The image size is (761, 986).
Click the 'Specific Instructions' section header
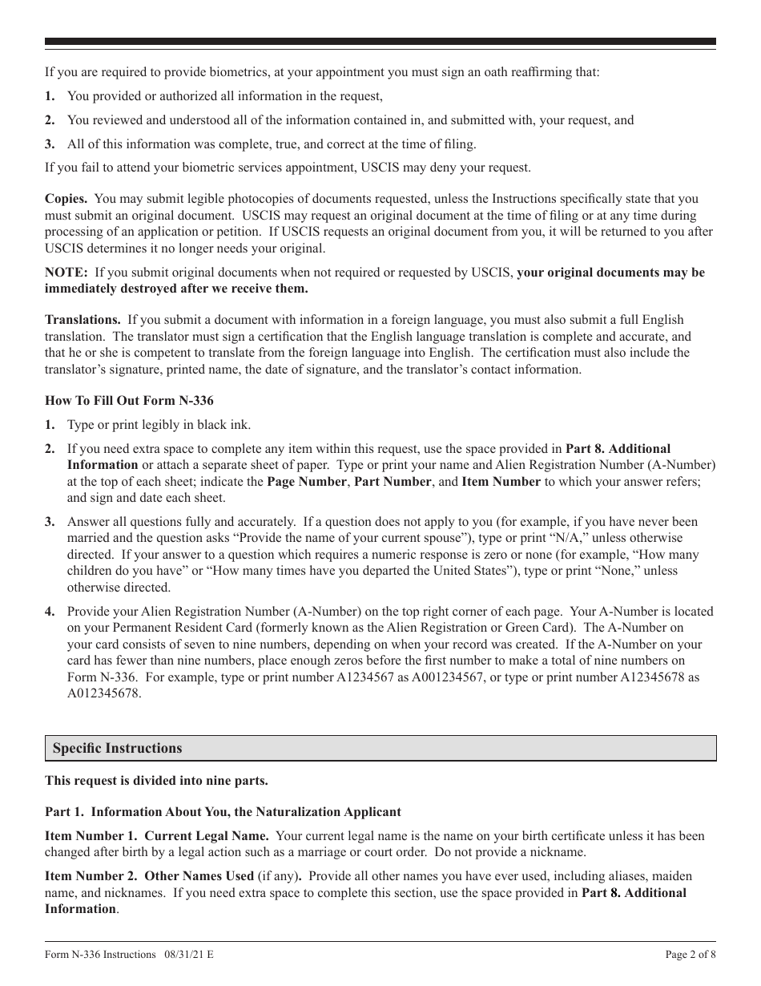click(x=117, y=748)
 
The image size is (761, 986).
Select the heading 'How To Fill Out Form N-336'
click(x=129, y=401)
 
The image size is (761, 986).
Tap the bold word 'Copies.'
click(x=66, y=199)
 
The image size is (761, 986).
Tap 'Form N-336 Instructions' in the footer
click(x=100, y=954)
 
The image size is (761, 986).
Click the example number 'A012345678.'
click(x=104, y=693)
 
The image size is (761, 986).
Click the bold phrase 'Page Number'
click(x=307, y=481)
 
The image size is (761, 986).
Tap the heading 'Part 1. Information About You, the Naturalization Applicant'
click(x=223, y=812)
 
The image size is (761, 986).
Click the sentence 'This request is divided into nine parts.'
click(x=156, y=780)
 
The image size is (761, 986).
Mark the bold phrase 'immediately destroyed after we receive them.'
click(x=176, y=288)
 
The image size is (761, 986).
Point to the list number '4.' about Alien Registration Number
click(x=50, y=612)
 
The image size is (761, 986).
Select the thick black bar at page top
click(x=380, y=42)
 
